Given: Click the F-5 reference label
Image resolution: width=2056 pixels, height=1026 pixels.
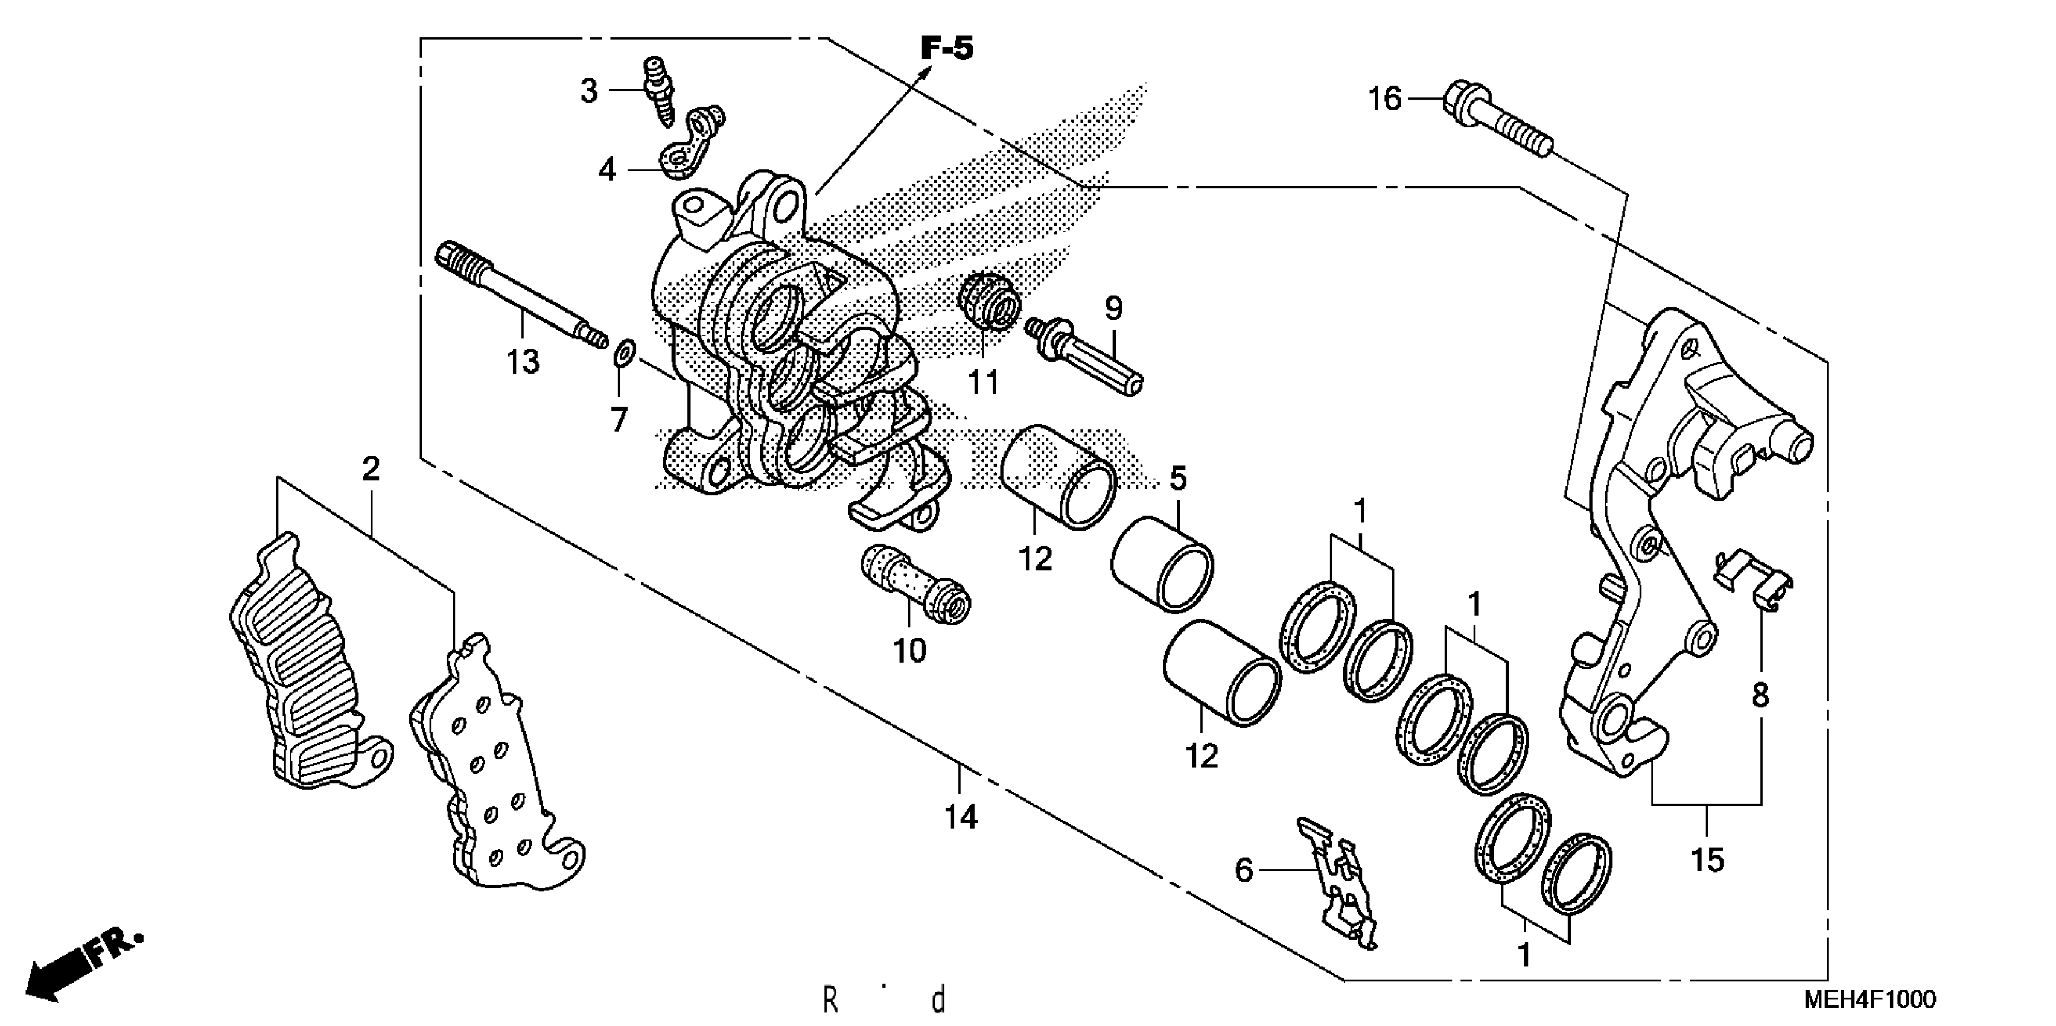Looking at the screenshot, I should pyautogui.click(x=947, y=48).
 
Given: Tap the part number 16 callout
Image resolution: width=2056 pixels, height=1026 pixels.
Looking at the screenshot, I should pyautogui.click(x=1385, y=99).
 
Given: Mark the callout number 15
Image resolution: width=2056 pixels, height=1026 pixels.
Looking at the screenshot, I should pyautogui.click(x=1707, y=860).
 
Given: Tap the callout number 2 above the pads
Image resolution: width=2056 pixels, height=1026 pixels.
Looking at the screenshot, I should pyautogui.click(x=371, y=470).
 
